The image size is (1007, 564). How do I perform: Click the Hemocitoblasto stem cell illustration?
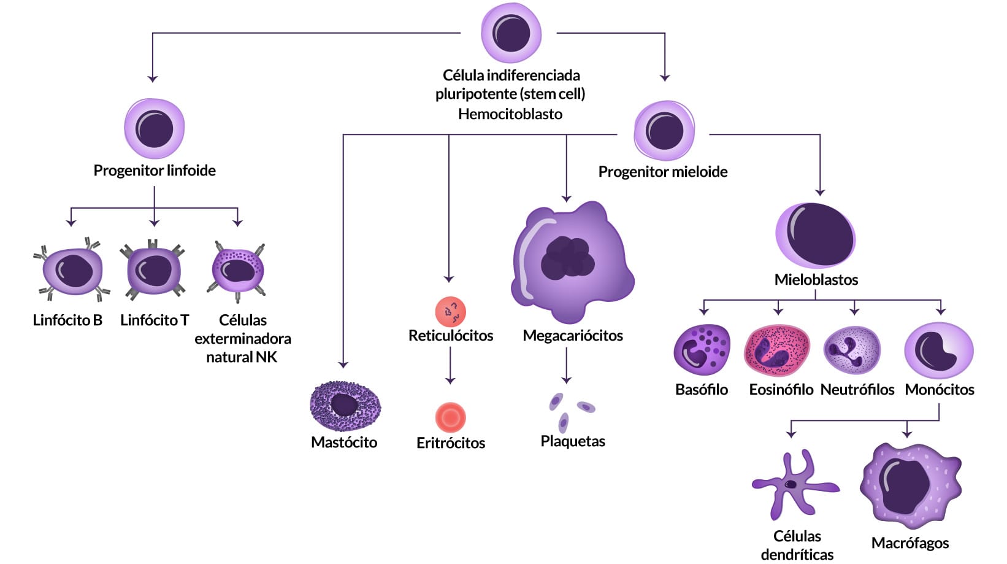tap(511, 33)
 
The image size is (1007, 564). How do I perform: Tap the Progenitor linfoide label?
tap(155, 171)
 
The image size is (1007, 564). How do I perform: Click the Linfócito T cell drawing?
tap(153, 270)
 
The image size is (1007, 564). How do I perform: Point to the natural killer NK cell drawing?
tap(238, 270)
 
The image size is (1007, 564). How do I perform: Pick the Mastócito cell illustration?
tap(345, 406)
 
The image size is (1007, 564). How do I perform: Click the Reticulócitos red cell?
tap(451, 312)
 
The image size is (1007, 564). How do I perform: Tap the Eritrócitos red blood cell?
tap(451, 418)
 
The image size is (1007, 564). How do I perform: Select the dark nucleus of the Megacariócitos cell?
tap(568, 258)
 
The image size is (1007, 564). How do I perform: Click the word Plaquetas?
tap(573, 441)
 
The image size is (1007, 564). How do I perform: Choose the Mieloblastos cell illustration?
tap(816, 236)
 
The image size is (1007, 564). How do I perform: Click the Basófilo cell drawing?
tap(702, 350)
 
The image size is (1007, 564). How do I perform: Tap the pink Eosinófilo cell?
tap(776, 350)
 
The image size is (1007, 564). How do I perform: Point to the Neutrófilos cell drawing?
tap(852, 350)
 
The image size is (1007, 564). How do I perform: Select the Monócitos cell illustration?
tap(938, 350)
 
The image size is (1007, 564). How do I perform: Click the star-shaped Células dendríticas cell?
tap(794, 485)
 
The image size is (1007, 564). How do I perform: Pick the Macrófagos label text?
tap(910, 543)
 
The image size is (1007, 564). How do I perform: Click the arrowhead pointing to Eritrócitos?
tap(450, 381)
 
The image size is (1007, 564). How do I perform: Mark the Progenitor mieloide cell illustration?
tap(664, 131)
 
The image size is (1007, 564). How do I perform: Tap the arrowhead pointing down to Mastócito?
tap(343, 365)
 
